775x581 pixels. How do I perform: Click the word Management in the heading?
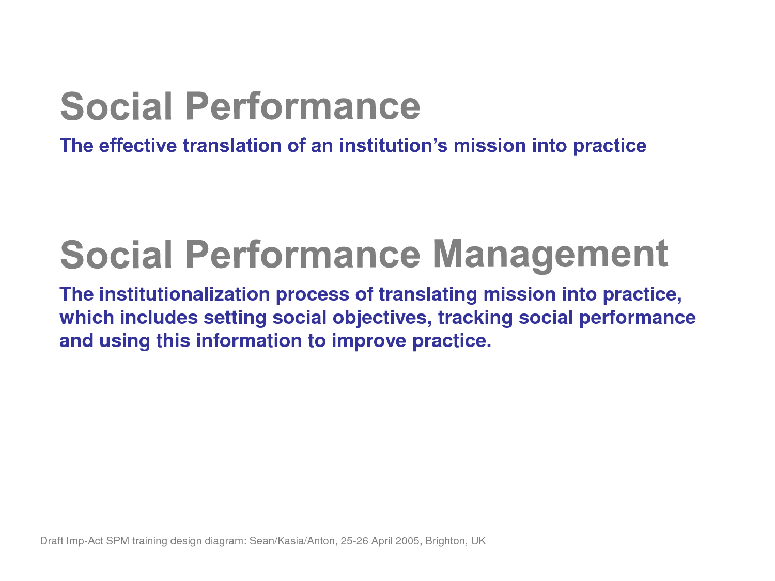point(550,255)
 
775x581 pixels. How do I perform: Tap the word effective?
point(138,145)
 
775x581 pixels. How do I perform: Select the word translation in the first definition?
point(232,145)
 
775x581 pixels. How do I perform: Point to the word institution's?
point(393,145)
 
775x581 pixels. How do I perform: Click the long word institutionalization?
point(184,294)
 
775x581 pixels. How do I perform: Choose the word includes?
point(159,317)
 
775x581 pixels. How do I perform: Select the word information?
point(249,340)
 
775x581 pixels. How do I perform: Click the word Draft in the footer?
point(52,541)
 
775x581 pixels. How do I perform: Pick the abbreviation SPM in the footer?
point(117,541)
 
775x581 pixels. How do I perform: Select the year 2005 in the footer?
point(408,541)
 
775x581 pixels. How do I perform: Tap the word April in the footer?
point(382,541)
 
